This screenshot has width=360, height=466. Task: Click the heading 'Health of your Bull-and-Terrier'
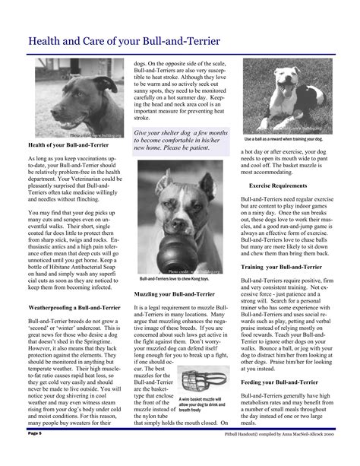65,144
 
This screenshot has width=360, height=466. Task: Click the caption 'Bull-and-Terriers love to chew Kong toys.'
179,280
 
